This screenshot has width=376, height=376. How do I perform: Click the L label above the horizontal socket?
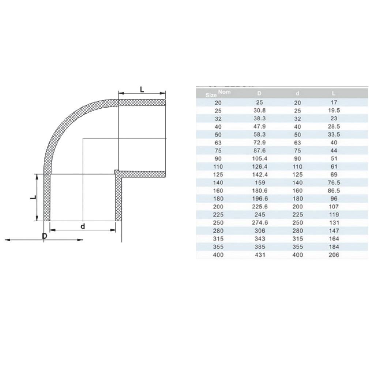coord(142,90)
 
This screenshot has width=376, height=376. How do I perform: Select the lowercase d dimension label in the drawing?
coord(83,226)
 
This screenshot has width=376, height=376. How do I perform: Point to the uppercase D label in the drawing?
coord(45,236)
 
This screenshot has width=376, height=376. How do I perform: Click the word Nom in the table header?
coord(224,91)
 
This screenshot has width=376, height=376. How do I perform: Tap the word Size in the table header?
coord(211,95)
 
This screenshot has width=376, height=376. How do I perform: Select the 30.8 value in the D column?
coord(259,110)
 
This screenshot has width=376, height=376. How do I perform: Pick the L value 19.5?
coord(334,110)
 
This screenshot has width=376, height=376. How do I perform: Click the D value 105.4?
coord(259,159)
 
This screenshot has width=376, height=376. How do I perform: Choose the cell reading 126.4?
coord(259,167)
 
